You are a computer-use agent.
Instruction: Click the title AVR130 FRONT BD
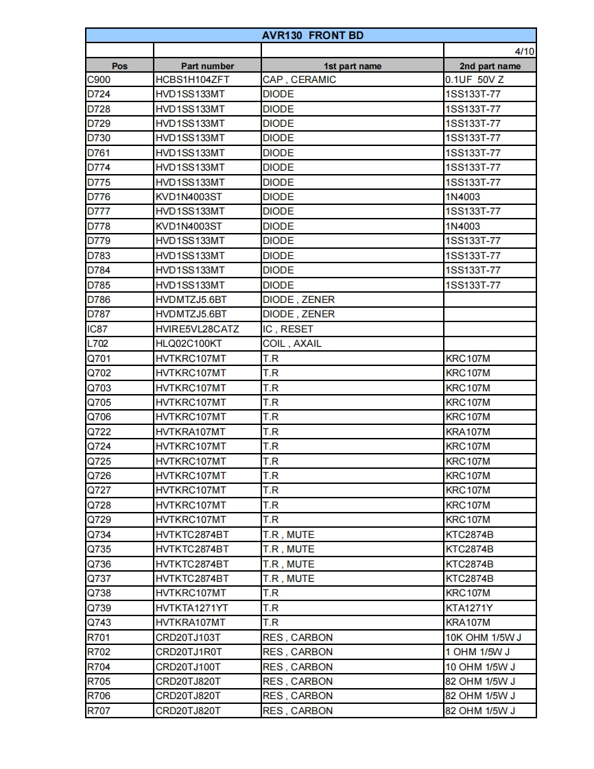point(312,36)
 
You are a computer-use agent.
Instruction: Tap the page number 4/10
point(525,51)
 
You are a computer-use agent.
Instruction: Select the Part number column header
point(207,66)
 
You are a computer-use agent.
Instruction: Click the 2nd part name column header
point(490,66)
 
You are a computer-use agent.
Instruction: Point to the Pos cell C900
point(99,80)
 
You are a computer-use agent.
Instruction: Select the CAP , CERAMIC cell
point(300,80)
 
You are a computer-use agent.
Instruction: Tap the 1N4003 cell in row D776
point(463,197)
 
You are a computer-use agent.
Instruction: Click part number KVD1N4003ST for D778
point(189,226)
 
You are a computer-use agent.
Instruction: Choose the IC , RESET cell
point(288,329)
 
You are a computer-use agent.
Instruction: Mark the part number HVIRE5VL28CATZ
point(197,329)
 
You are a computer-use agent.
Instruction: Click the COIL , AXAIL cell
point(292,343)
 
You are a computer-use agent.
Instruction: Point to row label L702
point(98,343)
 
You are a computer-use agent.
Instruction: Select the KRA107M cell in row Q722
point(468,432)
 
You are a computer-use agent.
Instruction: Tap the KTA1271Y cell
point(469,608)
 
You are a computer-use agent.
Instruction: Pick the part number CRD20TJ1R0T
point(189,652)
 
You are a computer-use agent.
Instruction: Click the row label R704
point(99,667)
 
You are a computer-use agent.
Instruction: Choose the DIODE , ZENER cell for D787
point(299,314)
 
